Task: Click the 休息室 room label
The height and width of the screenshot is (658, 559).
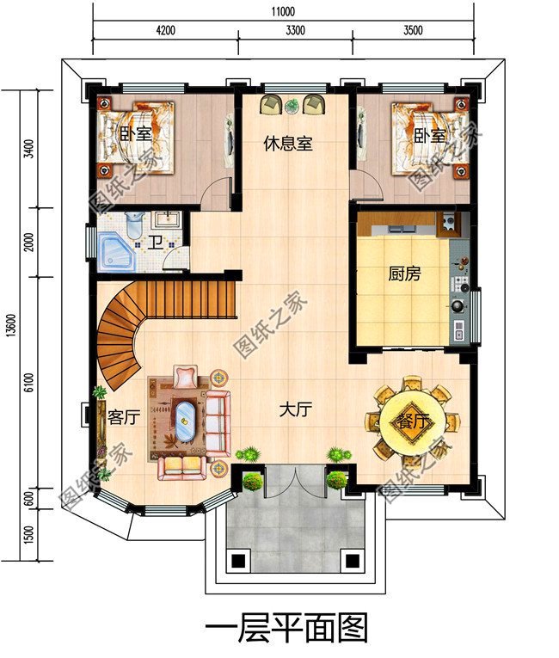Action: tap(288, 144)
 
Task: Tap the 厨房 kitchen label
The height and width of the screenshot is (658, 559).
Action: tap(403, 274)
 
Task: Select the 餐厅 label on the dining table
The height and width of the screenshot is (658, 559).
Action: tap(414, 421)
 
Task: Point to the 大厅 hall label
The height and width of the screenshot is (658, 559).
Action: tap(296, 409)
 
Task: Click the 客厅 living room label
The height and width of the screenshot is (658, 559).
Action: tap(124, 417)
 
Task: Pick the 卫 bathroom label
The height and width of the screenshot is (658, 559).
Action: tap(156, 243)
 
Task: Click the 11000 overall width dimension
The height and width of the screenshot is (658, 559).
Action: tap(283, 11)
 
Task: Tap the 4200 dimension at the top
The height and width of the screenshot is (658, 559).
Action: tap(165, 30)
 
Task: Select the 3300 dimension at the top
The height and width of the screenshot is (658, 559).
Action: tap(296, 30)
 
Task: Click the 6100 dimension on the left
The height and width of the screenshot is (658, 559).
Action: tap(28, 382)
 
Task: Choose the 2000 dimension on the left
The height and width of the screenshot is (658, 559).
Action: tap(28, 243)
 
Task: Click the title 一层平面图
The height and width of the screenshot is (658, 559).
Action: tap(286, 628)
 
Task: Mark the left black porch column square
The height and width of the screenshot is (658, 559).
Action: tap(237, 560)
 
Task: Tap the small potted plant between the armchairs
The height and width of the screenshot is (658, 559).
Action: tap(292, 106)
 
